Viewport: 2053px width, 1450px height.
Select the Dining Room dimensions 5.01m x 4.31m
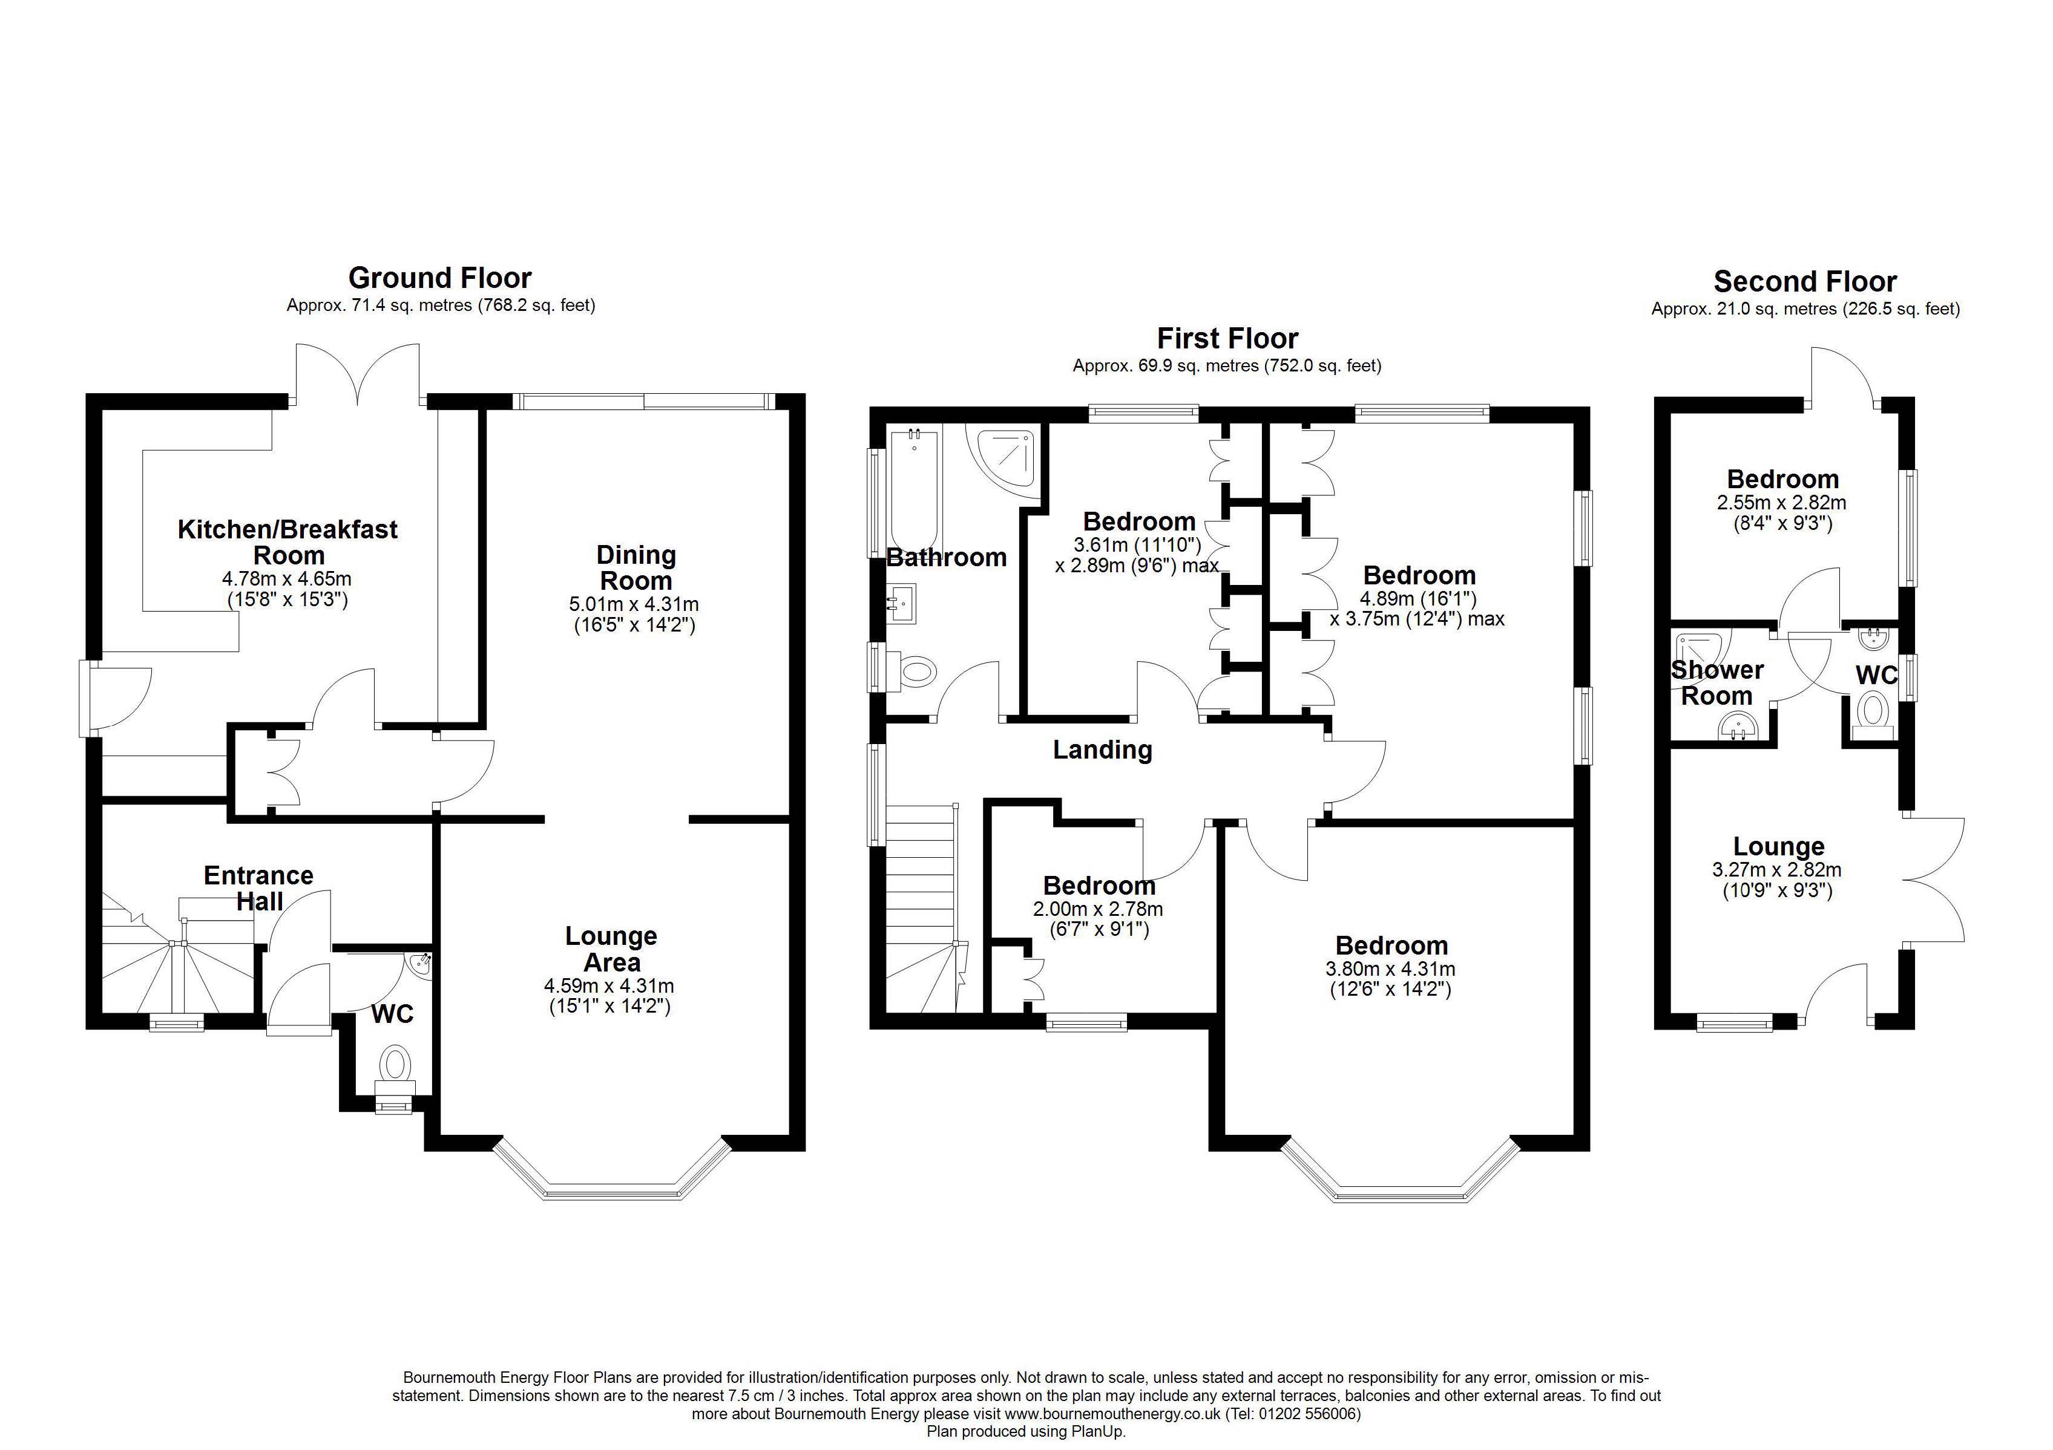click(x=635, y=605)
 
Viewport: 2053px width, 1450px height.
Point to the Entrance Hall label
click(x=258, y=887)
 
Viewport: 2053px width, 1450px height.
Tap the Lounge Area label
click(x=611, y=949)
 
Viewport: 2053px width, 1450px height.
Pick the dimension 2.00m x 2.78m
click(x=1098, y=909)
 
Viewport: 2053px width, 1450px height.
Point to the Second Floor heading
click(x=1804, y=282)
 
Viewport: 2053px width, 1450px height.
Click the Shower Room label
click(x=1717, y=682)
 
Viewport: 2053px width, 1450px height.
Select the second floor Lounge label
click(x=1778, y=846)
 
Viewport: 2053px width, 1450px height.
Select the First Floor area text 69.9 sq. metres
click(x=1166, y=365)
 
